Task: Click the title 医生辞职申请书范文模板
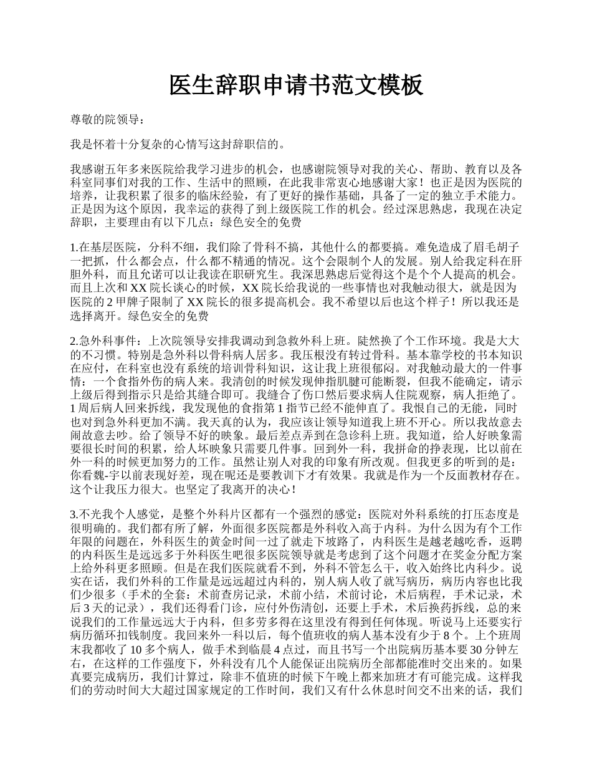296,85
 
